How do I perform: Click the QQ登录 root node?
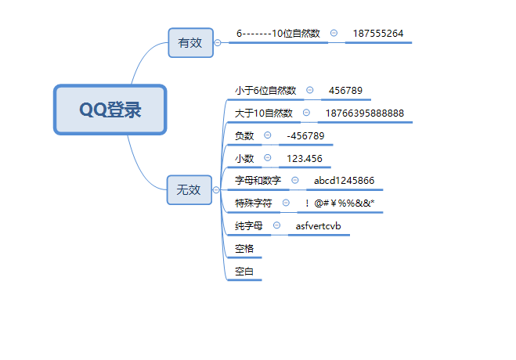pyautogui.click(x=110, y=110)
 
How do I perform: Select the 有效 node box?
pyautogui.click(x=190, y=42)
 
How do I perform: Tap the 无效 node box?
pyautogui.click(x=189, y=189)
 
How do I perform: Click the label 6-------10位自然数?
pyautogui.click(x=278, y=34)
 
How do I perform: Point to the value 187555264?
pyautogui.click(x=378, y=34)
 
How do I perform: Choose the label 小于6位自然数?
pyautogui.click(x=265, y=91)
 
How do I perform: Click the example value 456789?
pyautogui.click(x=345, y=91)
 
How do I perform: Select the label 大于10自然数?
pyautogui.click(x=264, y=113)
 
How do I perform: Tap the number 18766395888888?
pyautogui.click(x=365, y=113)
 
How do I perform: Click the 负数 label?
pyautogui.click(x=244, y=136)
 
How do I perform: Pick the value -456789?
pyautogui.click(x=305, y=136)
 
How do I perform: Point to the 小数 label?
pyautogui.click(x=244, y=159)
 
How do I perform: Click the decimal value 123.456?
pyautogui.click(x=304, y=159)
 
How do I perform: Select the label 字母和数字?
pyautogui.click(x=258, y=181)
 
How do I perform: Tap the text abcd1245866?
pyautogui.click(x=344, y=181)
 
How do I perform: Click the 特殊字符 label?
pyautogui.click(x=253, y=203)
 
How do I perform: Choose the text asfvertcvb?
pyautogui.click(x=318, y=226)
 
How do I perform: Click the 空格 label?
pyautogui.click(x=244, y=249)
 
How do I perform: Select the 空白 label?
pyautogui.click(x=244, y=272)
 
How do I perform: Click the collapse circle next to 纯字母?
pyautogui.click(x=277, y=226)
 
